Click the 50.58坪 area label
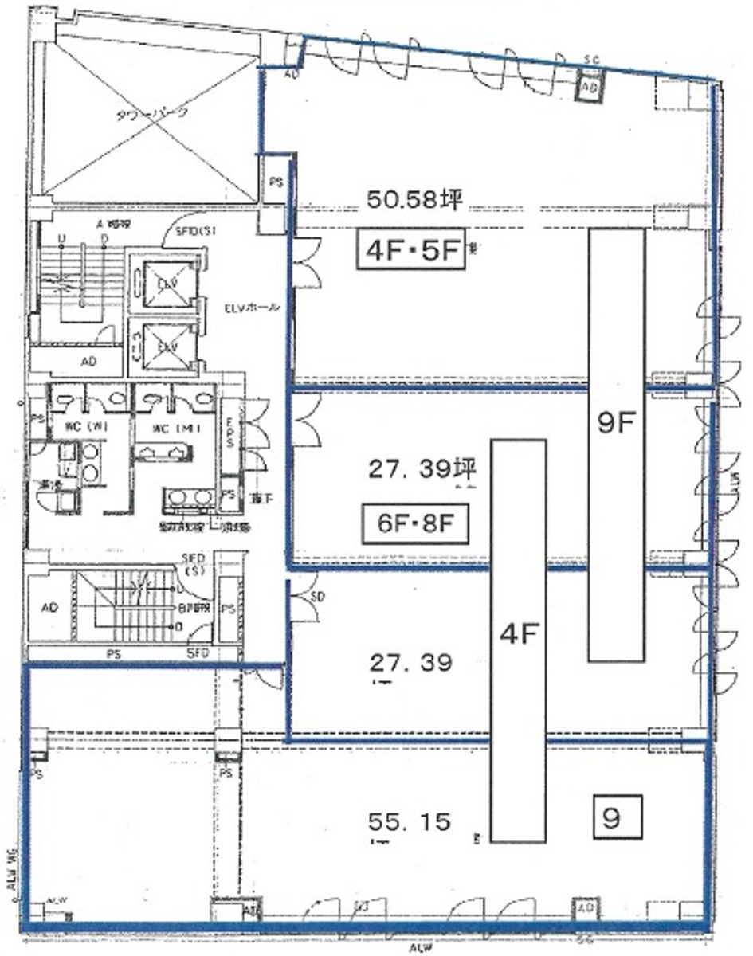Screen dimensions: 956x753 tap(414, 200)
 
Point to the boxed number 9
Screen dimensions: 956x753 tap(611, 819)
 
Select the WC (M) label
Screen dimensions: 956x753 tap(172, 429)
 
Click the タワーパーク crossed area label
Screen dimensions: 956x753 tap(151, 113)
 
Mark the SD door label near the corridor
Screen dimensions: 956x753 tap(317, 596)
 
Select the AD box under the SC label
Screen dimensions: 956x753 tap(590, 86)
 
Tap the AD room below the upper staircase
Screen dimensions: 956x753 tap(88, 361)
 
